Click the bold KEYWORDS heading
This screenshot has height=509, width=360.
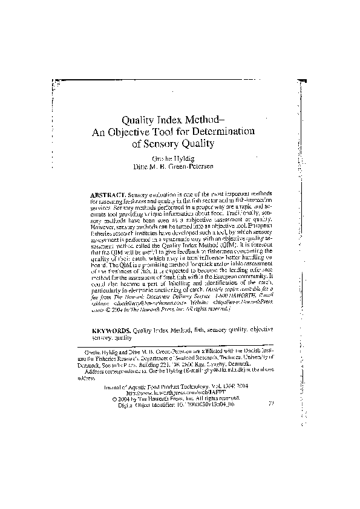point(111,332)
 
